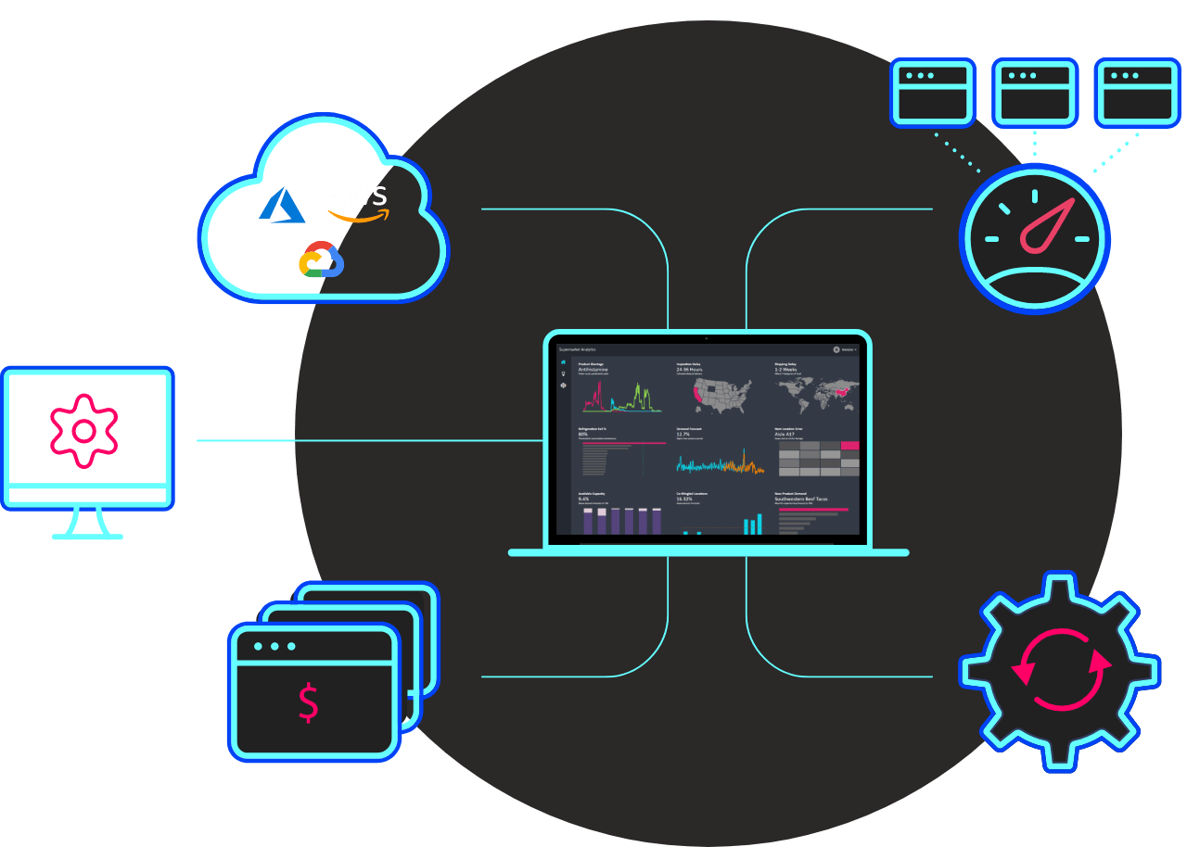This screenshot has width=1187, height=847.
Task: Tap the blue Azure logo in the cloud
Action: [x=283, y=206]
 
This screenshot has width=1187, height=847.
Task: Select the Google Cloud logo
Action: [x=322, y=259]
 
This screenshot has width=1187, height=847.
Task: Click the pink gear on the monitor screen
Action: [x=83, y=430]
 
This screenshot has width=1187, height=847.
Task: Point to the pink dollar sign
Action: [x=309, y=702]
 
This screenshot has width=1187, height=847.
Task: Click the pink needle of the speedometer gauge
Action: [x=1046, y=228]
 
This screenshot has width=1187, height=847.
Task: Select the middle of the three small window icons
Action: [x=1035, y=93]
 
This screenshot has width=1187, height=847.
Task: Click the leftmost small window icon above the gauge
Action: [x=933, y=93]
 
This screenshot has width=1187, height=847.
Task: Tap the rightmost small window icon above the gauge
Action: [x=1137, y=93]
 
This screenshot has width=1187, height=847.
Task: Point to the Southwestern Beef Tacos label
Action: [x=801, y=499]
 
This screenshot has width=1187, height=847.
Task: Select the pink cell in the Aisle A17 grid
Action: [x=850, y=446]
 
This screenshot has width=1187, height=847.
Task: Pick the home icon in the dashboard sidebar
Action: [x=563, y=362]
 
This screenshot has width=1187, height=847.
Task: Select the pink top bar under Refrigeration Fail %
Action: [x=623, y=444]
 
